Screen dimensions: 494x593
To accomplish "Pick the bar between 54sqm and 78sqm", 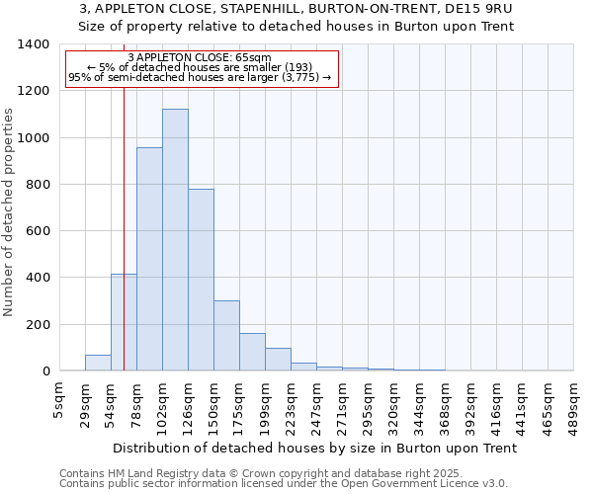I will coord(124,322).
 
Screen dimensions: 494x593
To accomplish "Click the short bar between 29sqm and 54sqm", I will coord(98,363).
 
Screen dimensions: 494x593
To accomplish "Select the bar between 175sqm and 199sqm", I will coord(252,352).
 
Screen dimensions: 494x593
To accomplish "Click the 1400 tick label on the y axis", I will coord(34,44).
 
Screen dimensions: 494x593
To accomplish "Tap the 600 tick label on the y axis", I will coord(38,231).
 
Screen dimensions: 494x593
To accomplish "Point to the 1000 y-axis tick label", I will coord(34,138).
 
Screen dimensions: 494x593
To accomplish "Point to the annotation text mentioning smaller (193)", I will coord(202,67).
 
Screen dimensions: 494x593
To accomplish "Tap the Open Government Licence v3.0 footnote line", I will coord(284,484).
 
